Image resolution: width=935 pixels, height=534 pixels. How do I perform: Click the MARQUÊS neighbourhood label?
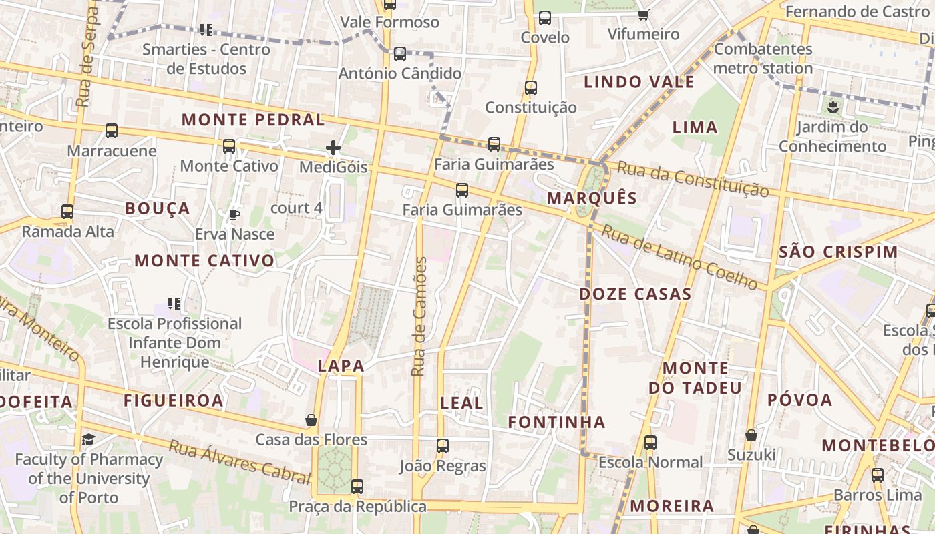point(592,198)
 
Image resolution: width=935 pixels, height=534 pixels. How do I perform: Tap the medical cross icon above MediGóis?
point(333,148)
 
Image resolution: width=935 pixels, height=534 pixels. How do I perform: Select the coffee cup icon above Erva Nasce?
point(234,214)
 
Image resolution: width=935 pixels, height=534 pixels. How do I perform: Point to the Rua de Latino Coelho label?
point(680,258)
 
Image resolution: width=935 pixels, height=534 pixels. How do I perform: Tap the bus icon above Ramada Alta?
point(67,212)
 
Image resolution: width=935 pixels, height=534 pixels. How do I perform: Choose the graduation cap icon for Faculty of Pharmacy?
point(88,439)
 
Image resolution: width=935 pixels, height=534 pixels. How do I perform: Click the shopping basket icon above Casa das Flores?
point(311,420)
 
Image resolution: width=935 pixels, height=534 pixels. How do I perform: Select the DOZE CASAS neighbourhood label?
point(635,294)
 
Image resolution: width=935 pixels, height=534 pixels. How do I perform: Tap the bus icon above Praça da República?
point(357,487)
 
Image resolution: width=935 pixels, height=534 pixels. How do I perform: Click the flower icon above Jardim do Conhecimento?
point(832,107)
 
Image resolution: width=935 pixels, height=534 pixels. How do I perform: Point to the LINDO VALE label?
point(639,83)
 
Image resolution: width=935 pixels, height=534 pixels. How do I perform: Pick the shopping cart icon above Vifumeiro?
point(643,15)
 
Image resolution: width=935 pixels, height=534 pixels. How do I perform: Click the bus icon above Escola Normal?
point(650,442)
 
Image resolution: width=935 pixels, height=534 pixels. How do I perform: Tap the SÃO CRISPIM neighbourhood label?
point(838,252)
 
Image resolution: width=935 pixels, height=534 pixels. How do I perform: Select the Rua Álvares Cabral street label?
point(239,461)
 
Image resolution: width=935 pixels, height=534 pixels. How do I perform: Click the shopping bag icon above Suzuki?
point(751,435)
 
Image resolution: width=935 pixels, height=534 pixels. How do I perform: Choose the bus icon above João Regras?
point(442,445)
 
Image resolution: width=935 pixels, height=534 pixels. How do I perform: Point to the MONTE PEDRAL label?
point(253,121)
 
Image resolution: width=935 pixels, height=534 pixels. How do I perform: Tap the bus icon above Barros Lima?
point(878,475)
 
